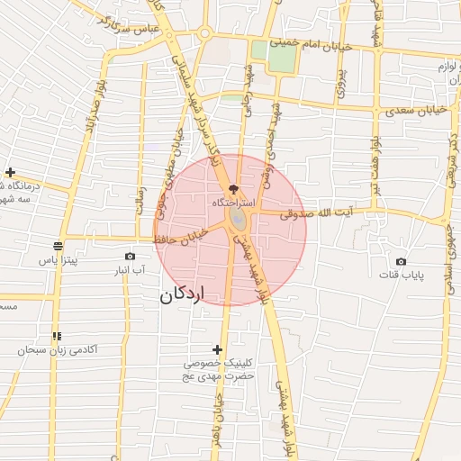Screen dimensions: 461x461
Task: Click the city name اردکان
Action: pyautogui.click(x=183, y=294)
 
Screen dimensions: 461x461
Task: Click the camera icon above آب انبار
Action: pyautogui.click(x=131, y=256)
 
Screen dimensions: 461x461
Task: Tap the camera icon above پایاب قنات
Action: pyautogui.click(x=401, y=261)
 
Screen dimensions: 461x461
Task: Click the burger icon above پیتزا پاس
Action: pyautogui.click(x=59, y=246)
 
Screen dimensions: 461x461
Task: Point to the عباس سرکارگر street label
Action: pyautogui.click(x=133, y=27)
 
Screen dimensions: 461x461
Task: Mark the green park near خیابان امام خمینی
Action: pyautogui.click(x=280, y=57)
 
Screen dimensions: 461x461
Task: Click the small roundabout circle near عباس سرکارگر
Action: pyautogui.click(x=205, y=34)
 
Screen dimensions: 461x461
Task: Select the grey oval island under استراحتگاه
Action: pyautogui.click(x=236, y=219)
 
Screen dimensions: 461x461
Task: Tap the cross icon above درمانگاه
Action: pyautogui.click(x=10, y=172)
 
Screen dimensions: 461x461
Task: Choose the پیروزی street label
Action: pyautogui.click(x=339, y=83)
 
